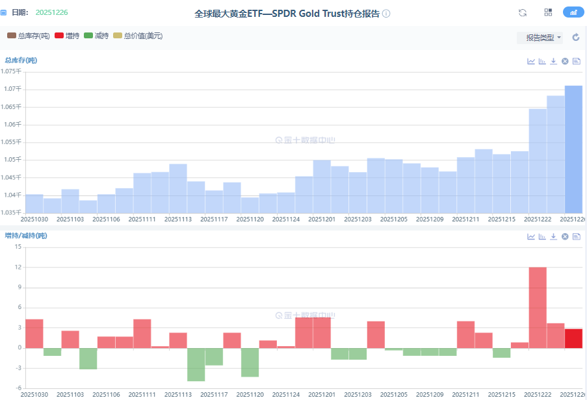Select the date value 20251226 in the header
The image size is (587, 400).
[x=51, y=12]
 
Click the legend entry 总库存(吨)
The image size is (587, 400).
[x=29, y=36]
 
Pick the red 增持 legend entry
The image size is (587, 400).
[x=68, y=36]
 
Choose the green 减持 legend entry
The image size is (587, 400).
[x=97, y=36]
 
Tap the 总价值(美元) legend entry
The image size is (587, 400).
[x=138, y=36]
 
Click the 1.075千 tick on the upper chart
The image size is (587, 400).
[x=12, y=71]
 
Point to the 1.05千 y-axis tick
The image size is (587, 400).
[x=14, y=160]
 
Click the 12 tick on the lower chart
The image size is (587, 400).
[x=18, y=268]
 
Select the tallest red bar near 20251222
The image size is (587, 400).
[x=538, y=307]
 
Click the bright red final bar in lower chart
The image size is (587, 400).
[x=573, y=338]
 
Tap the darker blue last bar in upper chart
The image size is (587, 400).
[x=573, y=149]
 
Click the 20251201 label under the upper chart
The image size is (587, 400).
[x=321, y=219]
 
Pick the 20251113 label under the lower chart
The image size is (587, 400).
[x=177, y=394]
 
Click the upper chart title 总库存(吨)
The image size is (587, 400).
[x=21, y=60]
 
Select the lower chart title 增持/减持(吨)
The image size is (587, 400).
[x=26, y=235]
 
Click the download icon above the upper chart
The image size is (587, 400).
[x=553, y=61]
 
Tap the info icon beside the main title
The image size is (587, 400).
[x=386, y=14]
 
